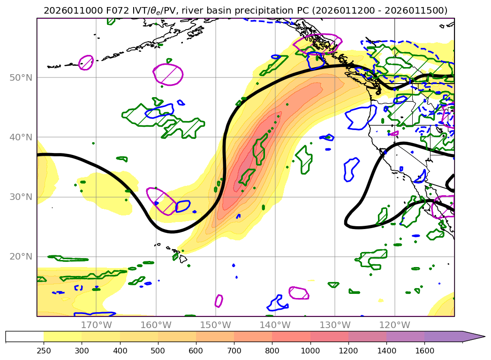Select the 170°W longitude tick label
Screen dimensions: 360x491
96,325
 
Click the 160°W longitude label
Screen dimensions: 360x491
156,325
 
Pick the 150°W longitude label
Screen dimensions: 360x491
215,325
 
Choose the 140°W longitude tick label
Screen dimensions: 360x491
275,325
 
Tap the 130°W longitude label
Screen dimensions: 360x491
335,325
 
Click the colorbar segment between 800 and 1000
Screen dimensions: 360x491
291,337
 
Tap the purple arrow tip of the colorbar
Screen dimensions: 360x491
481,337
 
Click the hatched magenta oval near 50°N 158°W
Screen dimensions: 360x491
168,75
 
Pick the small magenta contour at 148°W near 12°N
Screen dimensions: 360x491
219,301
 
